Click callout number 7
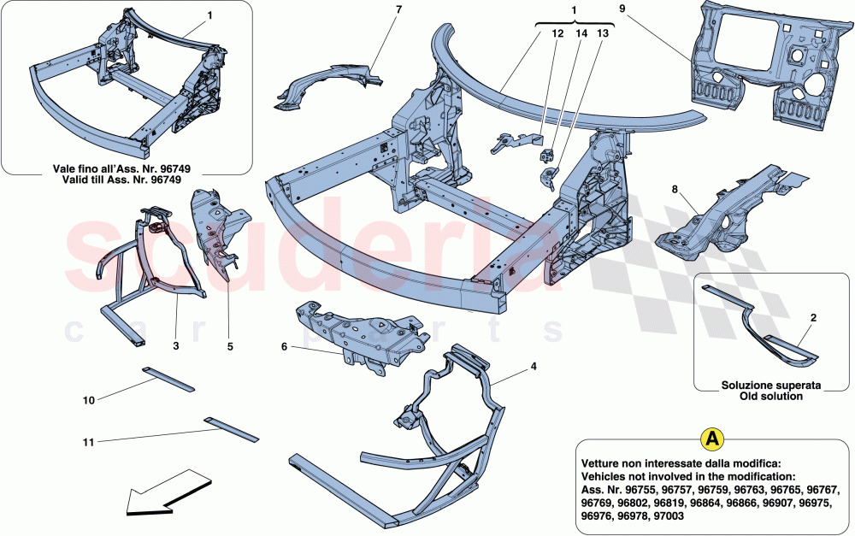point(374,9)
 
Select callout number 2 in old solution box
point(812,317)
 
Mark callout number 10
point(88,399)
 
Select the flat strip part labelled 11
point(231,428)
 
